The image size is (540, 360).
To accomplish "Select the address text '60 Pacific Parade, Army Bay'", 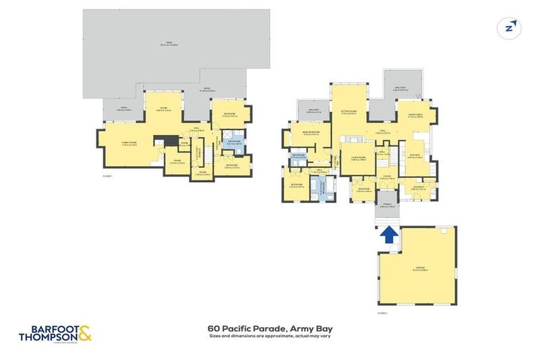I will pos(270,328).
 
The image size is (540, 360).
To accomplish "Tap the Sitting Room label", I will pos(349,112).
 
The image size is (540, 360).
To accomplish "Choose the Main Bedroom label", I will pos(311,132).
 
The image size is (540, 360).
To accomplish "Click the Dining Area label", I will pos(414,116).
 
